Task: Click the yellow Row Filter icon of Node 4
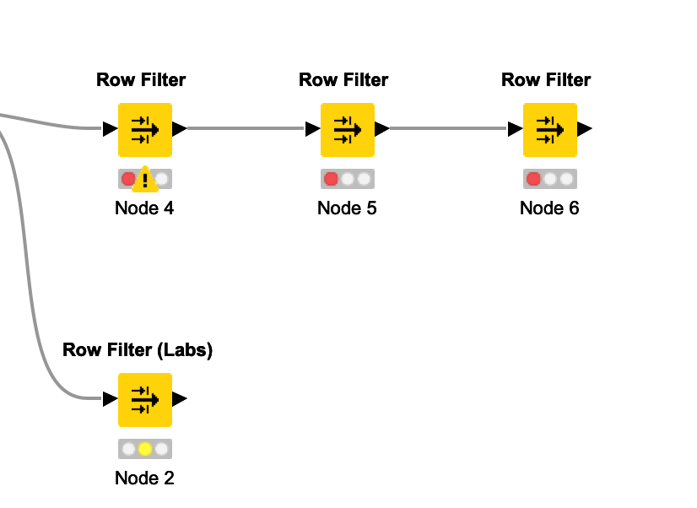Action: click(144, 129)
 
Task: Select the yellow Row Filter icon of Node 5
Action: click(347, 129)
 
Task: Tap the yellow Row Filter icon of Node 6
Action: click(549, 129)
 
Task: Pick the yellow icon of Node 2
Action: click(144, 399)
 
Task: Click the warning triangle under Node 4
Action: click(145, 180)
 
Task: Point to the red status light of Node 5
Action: click(332, 179)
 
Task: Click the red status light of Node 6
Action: click(534, 179)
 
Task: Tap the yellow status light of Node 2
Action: click(145, 449)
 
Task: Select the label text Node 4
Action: click(144, 208)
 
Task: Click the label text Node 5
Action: click(347, 208)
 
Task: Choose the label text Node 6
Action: click(549, 208)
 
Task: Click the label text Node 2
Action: click(144, 478)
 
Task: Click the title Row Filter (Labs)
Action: click(138, 350)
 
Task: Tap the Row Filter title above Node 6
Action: click(546, 80)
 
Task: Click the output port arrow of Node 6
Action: click(584, 129)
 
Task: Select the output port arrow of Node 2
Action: click(179, 399)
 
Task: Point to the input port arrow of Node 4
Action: click(110, 129)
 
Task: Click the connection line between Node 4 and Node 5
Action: click(245, 129)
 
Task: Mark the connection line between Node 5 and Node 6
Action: click(447, 129)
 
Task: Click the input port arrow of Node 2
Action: click(110, 399)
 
